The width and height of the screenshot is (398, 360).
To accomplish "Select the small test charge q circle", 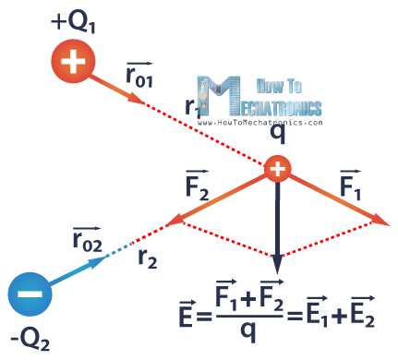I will click(x=277, y=169).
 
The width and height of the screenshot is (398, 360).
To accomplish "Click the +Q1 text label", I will click(x=73, y=18).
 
